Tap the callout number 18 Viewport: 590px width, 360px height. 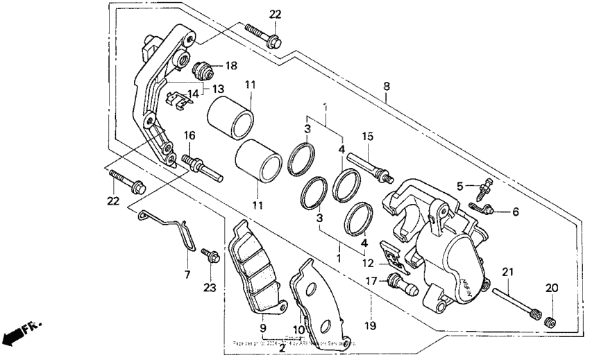pyautogui.click(x=230, y=65)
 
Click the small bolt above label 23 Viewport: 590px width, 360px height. pyautogui.click(x=210, y=256)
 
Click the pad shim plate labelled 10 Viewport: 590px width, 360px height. pyautogui.click(x=308, y=292)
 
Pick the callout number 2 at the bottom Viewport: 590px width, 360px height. pyautogui.click(x=282, y=348)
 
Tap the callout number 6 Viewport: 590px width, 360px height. pyautogui.click(x=515, y=211)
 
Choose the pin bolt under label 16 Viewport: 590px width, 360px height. pyautogui.click(x=201, y=166)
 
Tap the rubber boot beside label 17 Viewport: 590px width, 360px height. pyautogui.click(x=400, y=283)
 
